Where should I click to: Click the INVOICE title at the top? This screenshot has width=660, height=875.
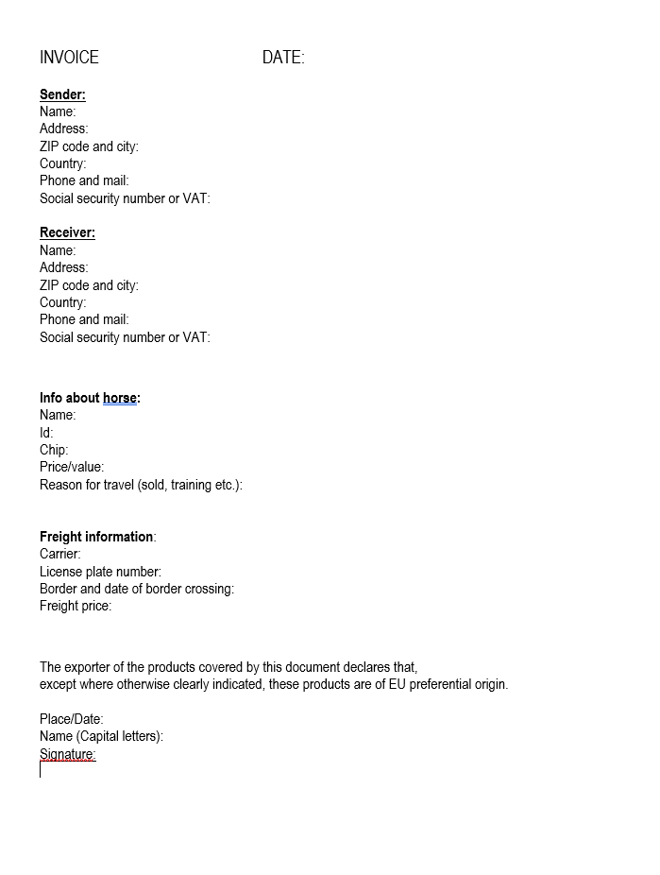(69, 58)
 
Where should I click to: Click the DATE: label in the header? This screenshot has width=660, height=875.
(283, 58)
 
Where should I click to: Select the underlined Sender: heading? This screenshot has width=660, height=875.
(62, 94)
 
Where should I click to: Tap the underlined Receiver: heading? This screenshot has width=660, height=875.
(67, 232)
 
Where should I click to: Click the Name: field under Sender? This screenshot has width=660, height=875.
(58, 112)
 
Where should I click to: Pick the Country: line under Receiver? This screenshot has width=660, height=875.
(62, 302)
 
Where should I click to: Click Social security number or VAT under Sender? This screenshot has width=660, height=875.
(125, 198)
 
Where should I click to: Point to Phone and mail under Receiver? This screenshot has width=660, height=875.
(84, 319)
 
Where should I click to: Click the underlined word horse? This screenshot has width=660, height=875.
(120, 398)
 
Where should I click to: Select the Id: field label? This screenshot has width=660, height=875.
(46, 433)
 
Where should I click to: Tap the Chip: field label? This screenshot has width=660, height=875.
(54, 450)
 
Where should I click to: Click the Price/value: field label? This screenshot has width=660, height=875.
(72, 467)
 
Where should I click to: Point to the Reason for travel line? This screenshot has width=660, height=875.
(141, 485)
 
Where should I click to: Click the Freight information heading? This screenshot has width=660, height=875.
(96, 537)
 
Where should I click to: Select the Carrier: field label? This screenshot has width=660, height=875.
(60, 554)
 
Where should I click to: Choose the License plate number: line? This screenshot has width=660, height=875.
(100, 572)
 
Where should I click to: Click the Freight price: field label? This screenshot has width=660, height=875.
(76, 606)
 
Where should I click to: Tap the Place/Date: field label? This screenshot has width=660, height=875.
(72, 719)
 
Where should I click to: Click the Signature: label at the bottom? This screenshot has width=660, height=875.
(68, 754)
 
